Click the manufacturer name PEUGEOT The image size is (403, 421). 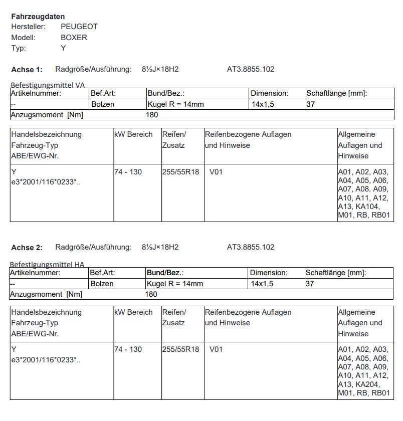[79, 27]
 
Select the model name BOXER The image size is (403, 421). [74, 38]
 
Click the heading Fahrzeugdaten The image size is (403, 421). [38, 17]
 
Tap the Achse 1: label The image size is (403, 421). [27, 69]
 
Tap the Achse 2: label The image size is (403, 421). [27, 247]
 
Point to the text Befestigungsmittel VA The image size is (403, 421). [48, 86]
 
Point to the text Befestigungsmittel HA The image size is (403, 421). [47, 264]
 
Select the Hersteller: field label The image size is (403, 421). [29, 27]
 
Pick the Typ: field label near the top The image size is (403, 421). [19, 49]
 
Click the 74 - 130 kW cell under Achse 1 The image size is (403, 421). [128, 172]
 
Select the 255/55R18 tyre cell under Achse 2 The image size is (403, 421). [180, 349]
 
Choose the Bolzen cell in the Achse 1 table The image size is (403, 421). [103, 104]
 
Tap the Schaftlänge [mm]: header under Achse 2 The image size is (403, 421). [336, 273]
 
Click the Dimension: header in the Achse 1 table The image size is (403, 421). [270, 93]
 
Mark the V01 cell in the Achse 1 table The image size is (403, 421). [216, 172]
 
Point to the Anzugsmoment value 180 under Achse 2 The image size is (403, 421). [151, 294]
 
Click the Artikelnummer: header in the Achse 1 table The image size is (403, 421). [36, 93]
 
